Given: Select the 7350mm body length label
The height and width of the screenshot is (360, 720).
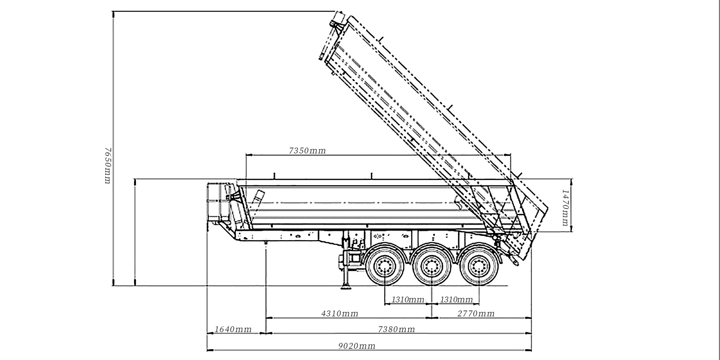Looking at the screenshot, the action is pyautogui.click(x=307, y=151).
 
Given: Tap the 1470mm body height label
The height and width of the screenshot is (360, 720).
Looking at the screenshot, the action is pyautogui.click(x=566, y=207).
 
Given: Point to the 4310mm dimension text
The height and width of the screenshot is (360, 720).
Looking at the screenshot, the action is pyautogui.click(x=340, y=314).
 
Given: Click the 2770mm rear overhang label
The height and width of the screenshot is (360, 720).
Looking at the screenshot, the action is pyautogui.click(x=476, y=314).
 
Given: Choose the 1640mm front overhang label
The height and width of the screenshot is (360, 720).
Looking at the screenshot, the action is pyautogui.click(x=233, y=329).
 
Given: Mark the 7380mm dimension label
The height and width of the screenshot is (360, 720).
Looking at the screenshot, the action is pyautogui.click(x=396, y=329).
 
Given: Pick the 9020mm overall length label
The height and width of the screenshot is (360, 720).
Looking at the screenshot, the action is pyautogui.click(x=357, y=346).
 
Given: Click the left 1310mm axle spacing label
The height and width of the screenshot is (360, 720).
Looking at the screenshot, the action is pyautogui.click(x=408, y=300).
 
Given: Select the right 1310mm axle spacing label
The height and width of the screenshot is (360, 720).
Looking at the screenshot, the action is pyautogui.click(x=456, y=300).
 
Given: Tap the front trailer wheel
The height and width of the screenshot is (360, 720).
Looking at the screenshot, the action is pyautogui.click(x=385, y=267).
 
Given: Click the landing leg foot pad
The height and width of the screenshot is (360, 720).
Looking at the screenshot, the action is pyautogui.click(x=346, y=287).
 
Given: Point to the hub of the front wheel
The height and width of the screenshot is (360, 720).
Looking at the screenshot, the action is pyautogui.click(x=385, y=267).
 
